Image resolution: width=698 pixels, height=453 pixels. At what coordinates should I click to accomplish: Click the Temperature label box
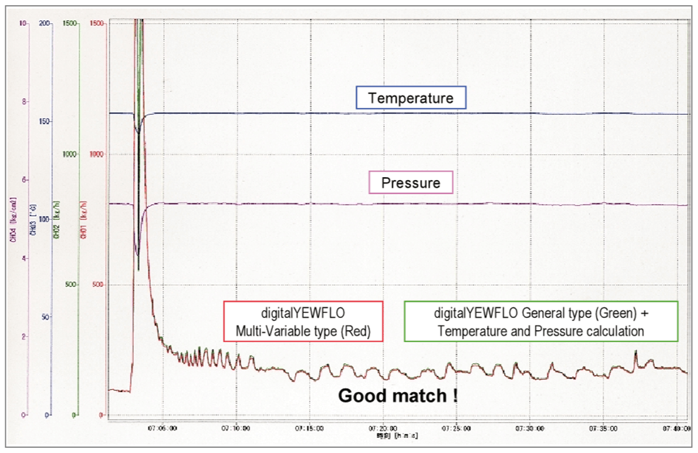click(x=411, y=98)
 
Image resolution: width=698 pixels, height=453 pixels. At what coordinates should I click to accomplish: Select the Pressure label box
click(x=411, y=183)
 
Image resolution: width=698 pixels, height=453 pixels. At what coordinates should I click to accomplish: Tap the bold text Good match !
click(x=398, y=396)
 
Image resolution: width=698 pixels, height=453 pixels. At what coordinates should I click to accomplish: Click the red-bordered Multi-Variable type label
click(x=303, y=321)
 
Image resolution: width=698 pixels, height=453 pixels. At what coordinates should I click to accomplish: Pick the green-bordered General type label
click(x=540, y=321)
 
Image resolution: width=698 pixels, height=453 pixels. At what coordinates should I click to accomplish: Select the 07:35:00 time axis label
click(x=606, y=428)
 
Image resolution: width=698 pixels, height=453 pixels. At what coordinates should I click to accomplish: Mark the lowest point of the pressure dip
click(x=138, y=255)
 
